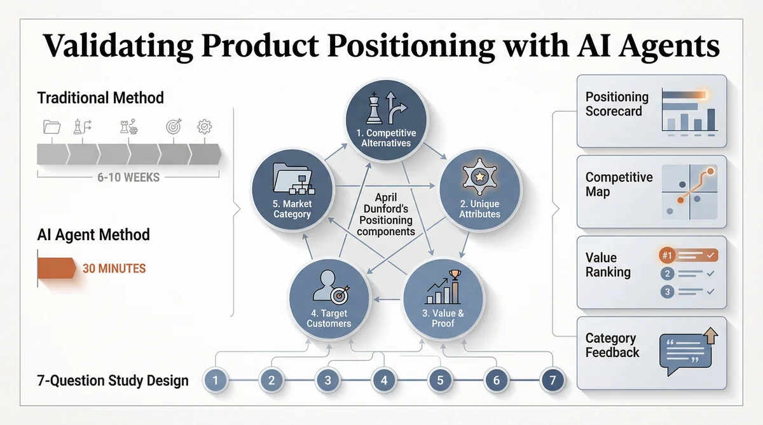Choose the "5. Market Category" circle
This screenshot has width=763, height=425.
tap(292, 190)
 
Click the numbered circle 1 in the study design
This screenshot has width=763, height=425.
tap(216, 381)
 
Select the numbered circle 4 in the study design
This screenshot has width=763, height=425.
tap(384, 381)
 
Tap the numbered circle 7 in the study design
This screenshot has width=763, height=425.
tap(551, 381)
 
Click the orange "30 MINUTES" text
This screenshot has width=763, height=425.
tap(114, 268)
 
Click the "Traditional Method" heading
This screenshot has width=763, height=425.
tap(100, 98)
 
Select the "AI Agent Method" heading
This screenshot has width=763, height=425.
tap(93, 234)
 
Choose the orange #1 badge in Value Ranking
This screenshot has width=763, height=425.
tap(667, 256)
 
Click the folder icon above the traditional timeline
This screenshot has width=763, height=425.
tap(52, 126)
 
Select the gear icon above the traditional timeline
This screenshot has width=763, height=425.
tap(205, 126)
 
